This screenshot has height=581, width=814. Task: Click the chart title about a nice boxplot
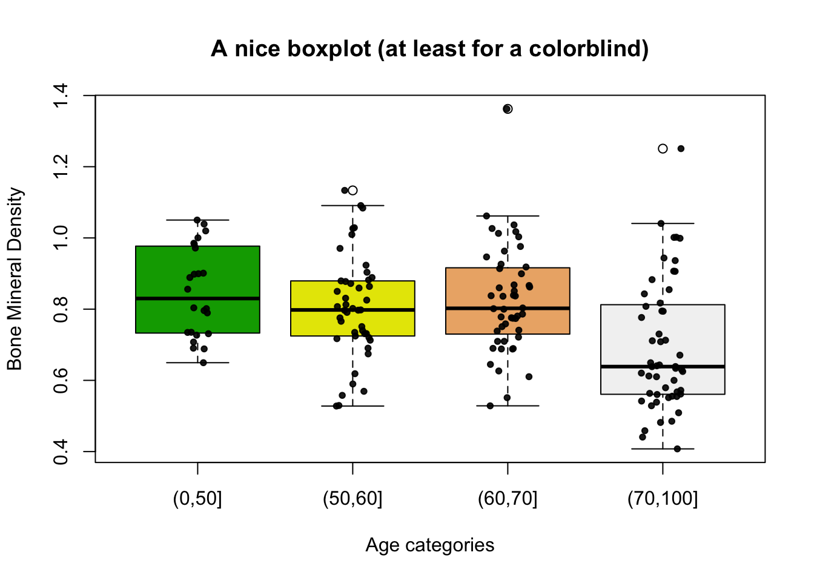pos(430,48)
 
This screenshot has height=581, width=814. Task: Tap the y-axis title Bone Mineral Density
pos(15,279)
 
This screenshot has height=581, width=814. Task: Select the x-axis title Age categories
pos(430,545)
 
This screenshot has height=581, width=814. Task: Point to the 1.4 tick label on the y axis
pos(61,96)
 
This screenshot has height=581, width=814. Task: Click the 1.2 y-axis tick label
pos(61,166)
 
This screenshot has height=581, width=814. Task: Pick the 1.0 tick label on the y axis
pos(61,238)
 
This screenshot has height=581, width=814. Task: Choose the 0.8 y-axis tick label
pos(61,309)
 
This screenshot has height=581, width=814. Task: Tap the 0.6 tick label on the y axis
pos(61,380)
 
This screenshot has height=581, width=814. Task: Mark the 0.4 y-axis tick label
pos(61,451)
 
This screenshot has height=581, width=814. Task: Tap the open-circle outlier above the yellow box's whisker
pos(352,190)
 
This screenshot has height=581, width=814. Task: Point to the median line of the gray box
pos(663,367)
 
